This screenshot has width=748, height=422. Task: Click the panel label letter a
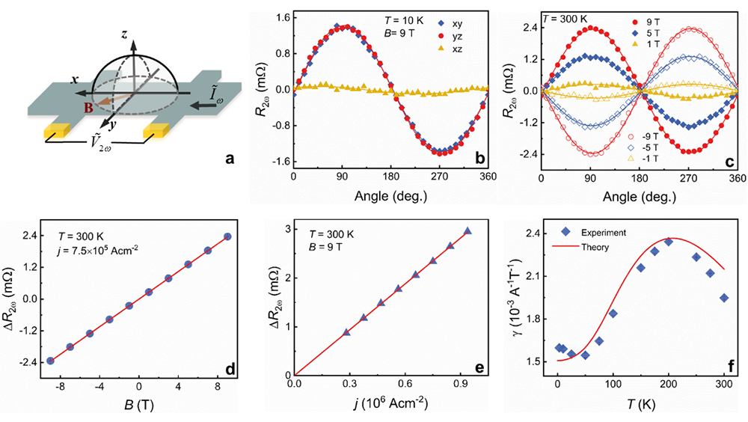tap(231, 159)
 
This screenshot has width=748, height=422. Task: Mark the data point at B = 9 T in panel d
tap(227, 236)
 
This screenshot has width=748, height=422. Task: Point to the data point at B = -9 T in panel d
tap(50, 361)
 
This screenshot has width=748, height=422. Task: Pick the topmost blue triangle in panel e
tap(467, 231)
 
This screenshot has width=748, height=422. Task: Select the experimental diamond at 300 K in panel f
tap(723, 298)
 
